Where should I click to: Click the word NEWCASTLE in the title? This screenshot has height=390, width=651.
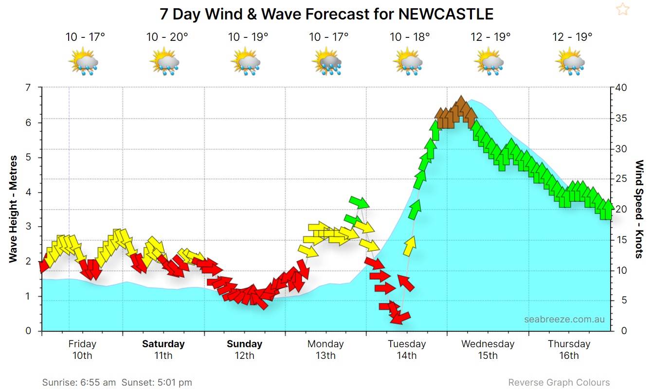click(446, 14)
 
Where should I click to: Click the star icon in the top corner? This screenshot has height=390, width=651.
click(622, 9)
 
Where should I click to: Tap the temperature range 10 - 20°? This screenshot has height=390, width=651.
click(167, 37)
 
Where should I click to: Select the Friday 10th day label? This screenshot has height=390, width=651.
click(82, 349)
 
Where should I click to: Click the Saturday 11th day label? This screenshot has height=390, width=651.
click(163, 349)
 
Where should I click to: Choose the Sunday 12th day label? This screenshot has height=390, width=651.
click(244, 349)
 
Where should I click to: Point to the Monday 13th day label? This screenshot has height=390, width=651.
click(325, 349)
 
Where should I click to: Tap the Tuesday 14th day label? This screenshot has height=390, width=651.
click(407, 349)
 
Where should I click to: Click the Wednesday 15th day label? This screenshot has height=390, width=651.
click(488, 349)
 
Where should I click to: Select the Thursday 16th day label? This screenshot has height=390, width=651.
click(569, 349)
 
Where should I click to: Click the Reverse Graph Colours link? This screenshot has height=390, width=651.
click(559, 383)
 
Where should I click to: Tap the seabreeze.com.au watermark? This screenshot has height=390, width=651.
click(564, 319)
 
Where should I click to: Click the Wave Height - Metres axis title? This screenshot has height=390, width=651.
click(13, 209)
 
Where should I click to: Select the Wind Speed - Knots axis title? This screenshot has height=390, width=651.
click(639, 209)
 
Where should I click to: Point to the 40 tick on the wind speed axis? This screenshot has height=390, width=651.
click(621, 88)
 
